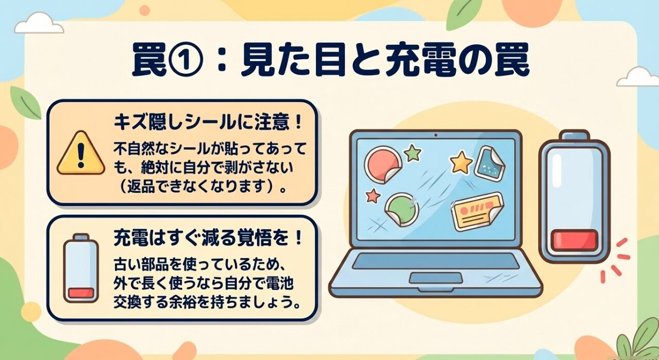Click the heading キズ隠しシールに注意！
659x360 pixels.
click(207, 124)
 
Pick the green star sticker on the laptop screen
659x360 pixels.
click(412, 152)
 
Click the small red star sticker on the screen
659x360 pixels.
click(373, 196)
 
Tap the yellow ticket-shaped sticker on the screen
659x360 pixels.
click(477, 211)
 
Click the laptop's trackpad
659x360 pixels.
click(435, 278)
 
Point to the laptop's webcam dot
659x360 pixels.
click(435, 135)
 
